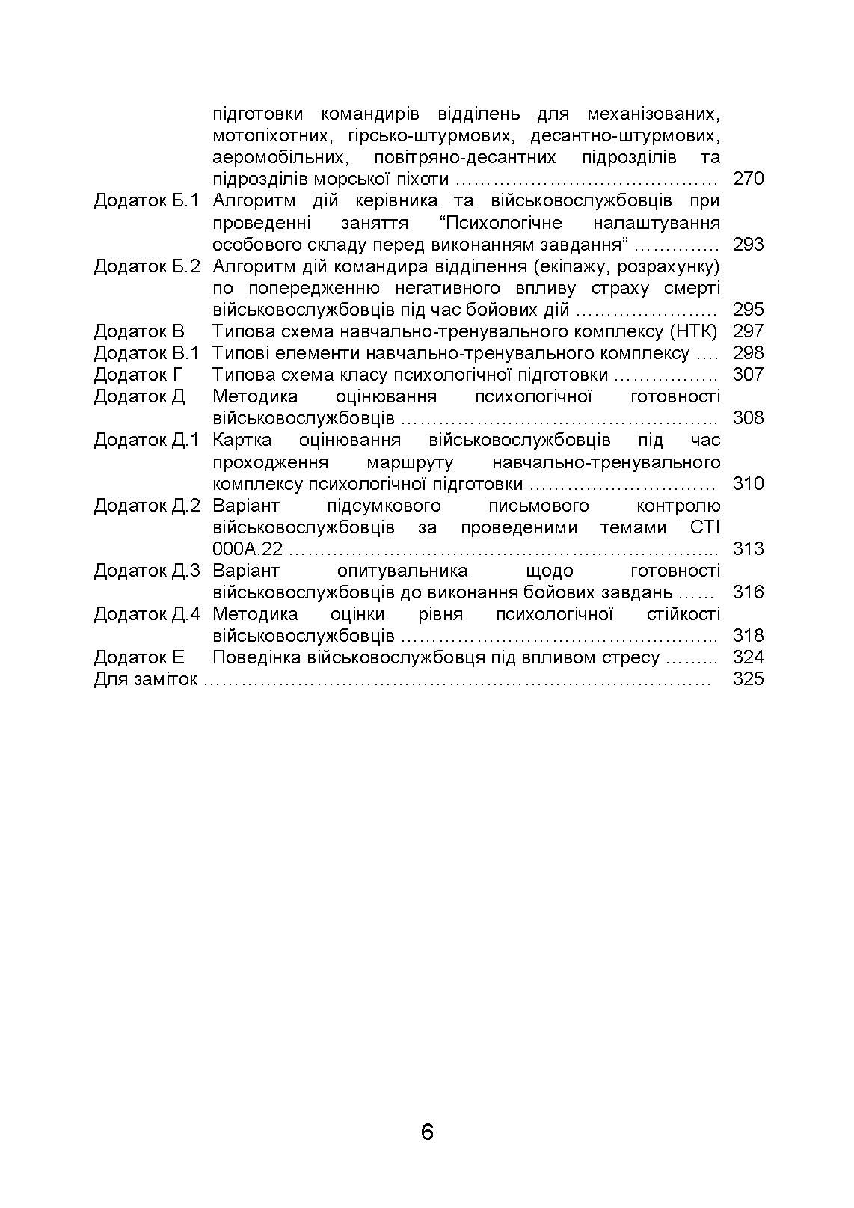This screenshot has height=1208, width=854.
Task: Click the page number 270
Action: [748, 179]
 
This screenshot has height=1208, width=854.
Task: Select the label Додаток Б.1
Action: [147, 201]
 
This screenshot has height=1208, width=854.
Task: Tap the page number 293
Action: [748, 245]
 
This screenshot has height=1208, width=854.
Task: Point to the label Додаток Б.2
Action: [147, 266]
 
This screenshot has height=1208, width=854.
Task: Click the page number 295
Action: [748, 310]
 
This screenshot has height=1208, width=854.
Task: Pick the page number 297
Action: [748, 331]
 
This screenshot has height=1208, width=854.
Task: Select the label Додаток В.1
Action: [147, 353]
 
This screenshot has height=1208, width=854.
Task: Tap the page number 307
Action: [748, 375]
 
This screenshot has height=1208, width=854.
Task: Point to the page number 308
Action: [748, 418]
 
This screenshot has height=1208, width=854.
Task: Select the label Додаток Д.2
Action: [147, 506]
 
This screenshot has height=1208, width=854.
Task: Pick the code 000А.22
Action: [248, 549]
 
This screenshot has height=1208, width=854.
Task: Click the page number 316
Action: [748, 592]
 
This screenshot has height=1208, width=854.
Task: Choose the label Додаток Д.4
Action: [147, 614]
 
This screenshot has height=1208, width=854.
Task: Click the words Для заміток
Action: [145, 679]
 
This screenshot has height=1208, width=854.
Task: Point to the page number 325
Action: [748, 679]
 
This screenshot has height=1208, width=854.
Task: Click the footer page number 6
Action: [427, 1132]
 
